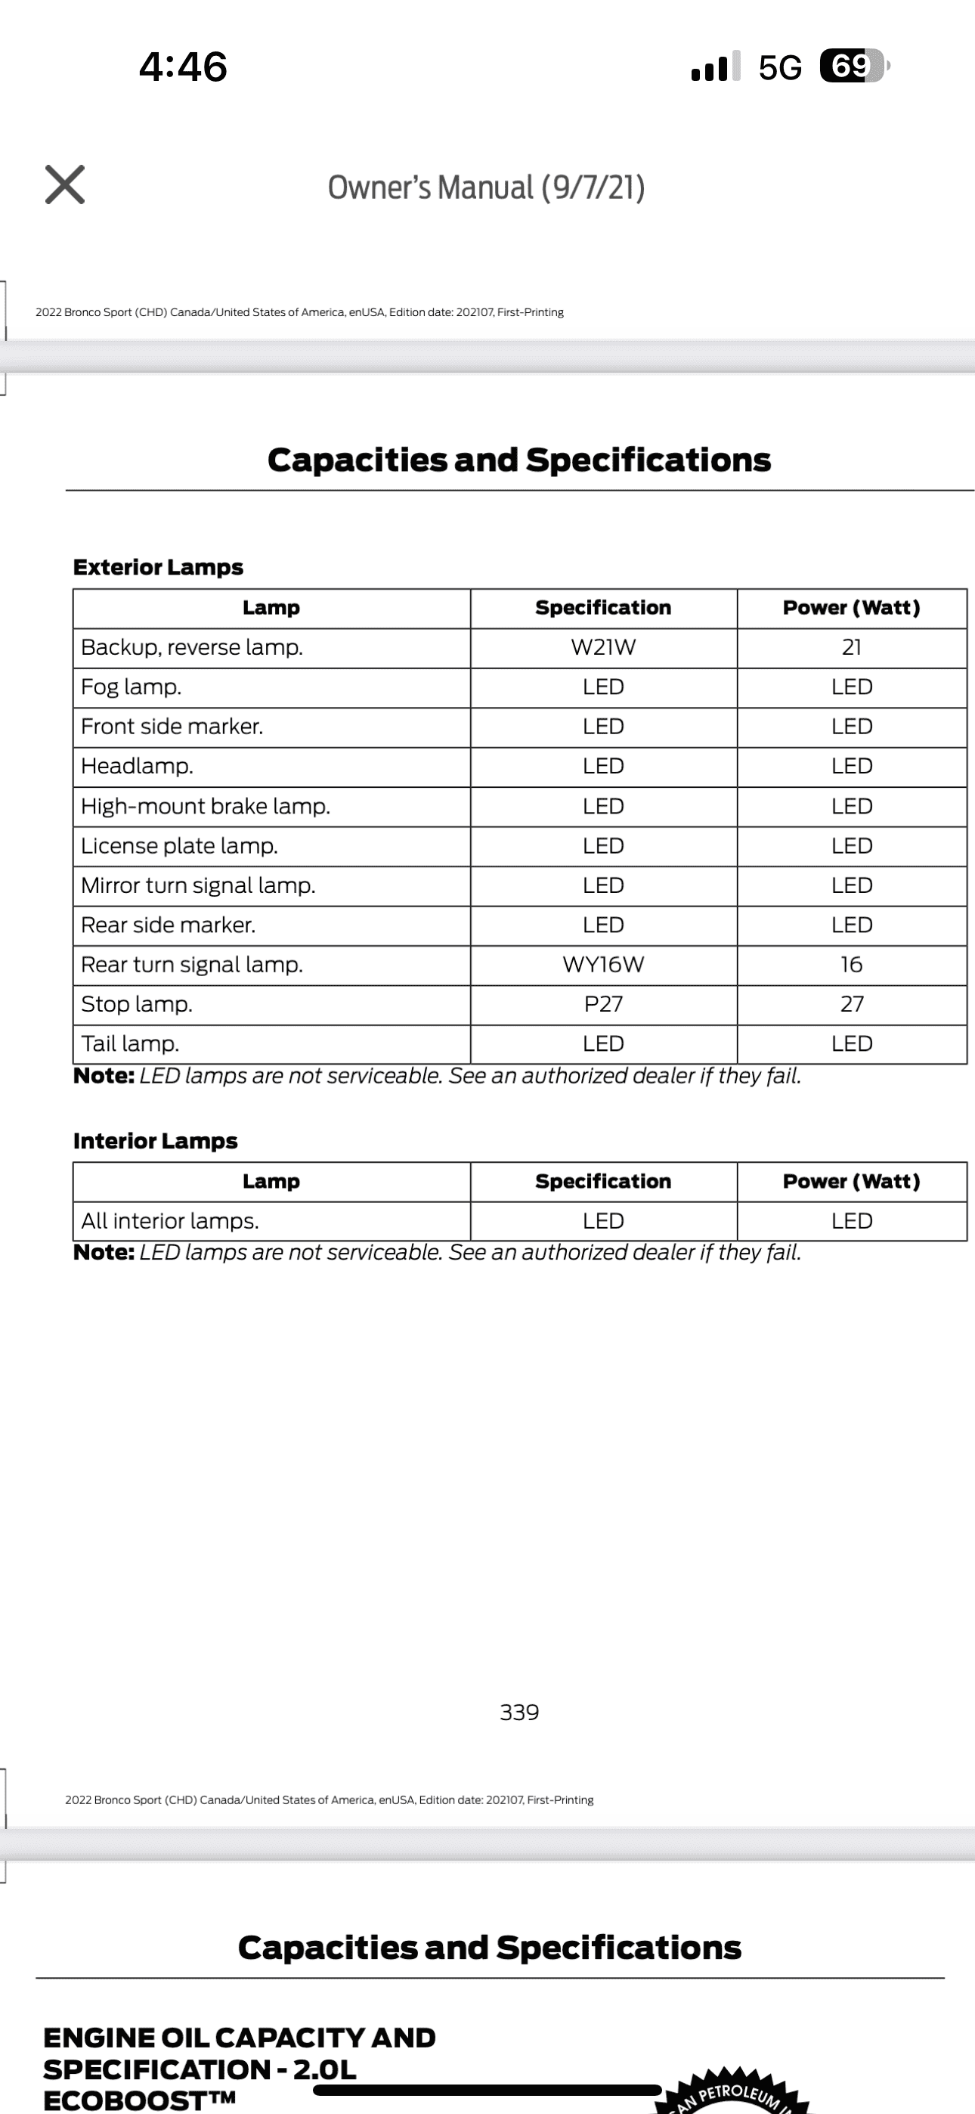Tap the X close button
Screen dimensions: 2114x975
tap(65, 184)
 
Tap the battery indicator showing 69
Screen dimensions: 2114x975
tap(853, 66)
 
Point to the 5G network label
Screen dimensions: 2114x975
tap(780, 67)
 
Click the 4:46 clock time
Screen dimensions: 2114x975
tap(183, 67)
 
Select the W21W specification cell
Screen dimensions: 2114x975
tap(603, 647)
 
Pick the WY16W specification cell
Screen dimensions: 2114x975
tap(603, 964)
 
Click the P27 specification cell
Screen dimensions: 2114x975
tap(603, 1003)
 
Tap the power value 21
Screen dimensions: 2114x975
tap(851, 647)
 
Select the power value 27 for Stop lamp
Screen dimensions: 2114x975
tap(851, 1003)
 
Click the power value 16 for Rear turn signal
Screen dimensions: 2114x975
tap(851, 964)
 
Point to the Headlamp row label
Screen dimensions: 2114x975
tap(137, 766)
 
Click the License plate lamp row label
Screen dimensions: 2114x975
tap(179, 845)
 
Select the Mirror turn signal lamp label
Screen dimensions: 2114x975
tap(198, 885)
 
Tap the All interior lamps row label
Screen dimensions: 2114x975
tap(170, 1221)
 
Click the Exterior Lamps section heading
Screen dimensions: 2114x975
tap(159, 567)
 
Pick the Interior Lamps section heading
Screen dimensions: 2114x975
tap(155, 1141)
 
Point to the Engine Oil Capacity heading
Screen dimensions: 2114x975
tap(239, 2068)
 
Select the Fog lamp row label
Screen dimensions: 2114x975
tap(132, 687)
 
